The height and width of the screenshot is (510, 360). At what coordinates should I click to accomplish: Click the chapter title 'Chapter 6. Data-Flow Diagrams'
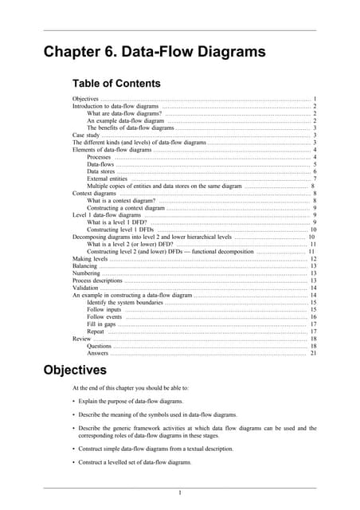coord(154,53)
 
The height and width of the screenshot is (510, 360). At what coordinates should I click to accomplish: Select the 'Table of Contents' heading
coord(116,83)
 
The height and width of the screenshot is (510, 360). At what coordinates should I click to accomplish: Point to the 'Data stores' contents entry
coord(101,171)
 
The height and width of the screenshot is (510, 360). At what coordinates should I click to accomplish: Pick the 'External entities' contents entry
coord(108,178)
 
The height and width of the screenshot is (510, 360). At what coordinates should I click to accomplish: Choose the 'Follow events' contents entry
coord(104,317)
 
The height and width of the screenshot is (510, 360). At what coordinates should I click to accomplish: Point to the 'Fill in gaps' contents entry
coord(102,324)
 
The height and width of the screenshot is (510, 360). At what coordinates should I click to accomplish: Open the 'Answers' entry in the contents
coord(98,354)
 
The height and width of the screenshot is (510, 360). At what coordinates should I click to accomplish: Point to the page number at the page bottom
coord(180,492)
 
